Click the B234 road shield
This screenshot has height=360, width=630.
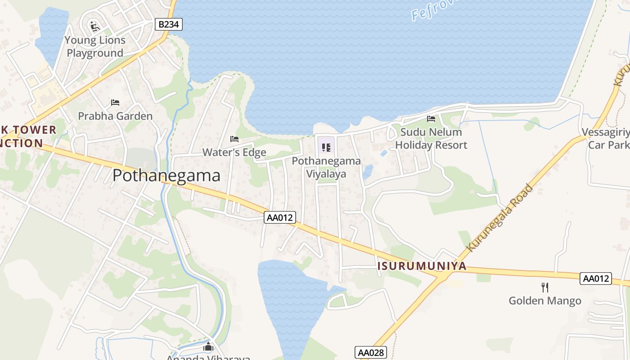[169, 24]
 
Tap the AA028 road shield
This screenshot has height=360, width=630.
[371, 352]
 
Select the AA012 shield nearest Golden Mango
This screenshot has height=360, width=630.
[596, 279]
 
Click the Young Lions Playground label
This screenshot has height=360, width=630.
[95, 46]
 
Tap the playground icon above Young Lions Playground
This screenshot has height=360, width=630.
[95, 27]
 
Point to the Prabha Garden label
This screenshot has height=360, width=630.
[115, 116]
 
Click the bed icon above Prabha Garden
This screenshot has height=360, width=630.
[115, 103]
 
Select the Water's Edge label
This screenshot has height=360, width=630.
[234, 152]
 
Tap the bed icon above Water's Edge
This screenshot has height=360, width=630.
[234, 139]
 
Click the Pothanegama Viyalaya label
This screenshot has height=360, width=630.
[326, 167]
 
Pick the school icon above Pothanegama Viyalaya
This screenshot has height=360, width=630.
[326, 147]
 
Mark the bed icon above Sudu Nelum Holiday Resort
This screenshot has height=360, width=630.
[431, 119]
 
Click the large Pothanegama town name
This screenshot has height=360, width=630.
[166, 175]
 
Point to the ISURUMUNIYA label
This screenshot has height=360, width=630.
[422, 266]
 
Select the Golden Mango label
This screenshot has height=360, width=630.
[545, 301]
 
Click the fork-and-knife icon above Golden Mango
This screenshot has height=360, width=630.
[545, 287]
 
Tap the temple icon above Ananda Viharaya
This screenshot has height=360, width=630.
[208, 347]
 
